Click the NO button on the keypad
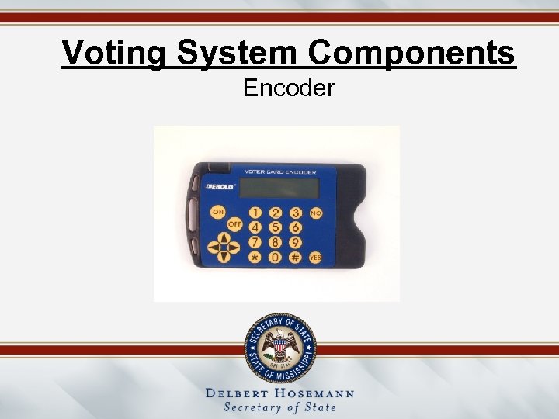(316, 212)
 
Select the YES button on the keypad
(315, 256)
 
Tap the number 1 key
(255, 213)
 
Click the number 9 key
(296, 241)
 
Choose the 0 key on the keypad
(275, 257)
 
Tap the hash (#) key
(296, 257)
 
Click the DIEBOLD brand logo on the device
(220, 187)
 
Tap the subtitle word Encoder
(289, 88)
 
